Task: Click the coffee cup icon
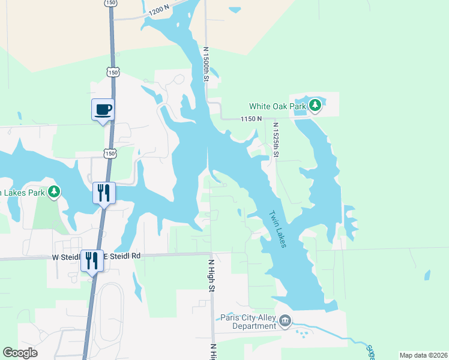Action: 103,110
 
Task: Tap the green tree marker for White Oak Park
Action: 315,106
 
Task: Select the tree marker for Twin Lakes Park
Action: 55,191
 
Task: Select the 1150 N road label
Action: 252,119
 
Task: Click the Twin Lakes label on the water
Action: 277,228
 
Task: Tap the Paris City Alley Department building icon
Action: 285,322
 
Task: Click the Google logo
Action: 20,353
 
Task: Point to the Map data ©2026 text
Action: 423,355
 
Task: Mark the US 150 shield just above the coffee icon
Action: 112,72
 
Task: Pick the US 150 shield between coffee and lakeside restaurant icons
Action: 109,154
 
